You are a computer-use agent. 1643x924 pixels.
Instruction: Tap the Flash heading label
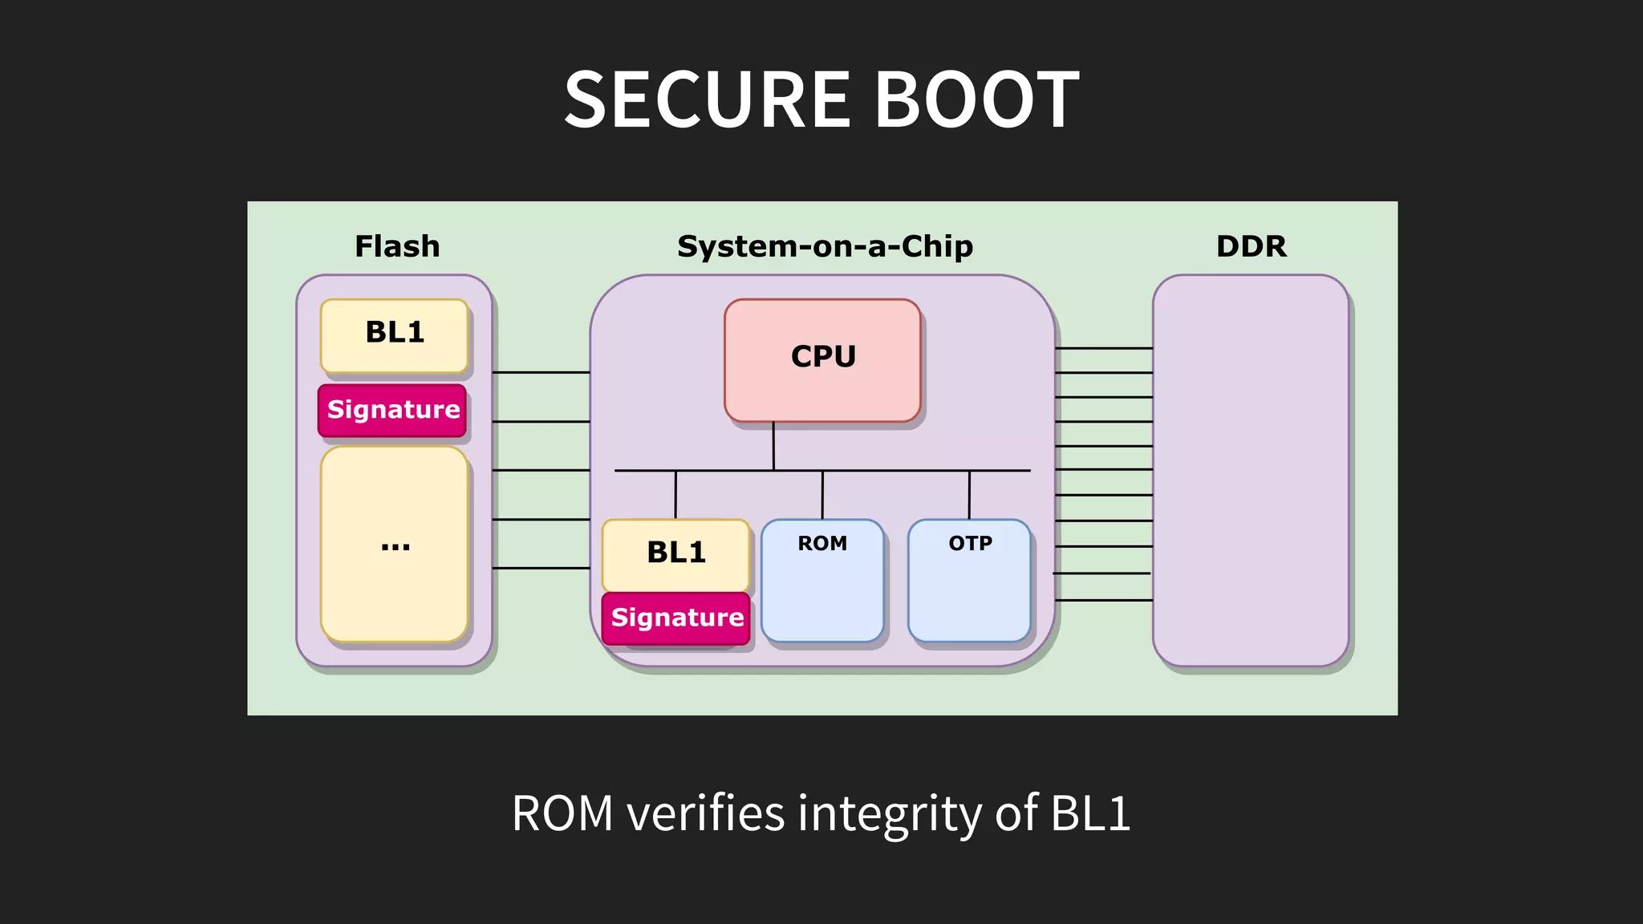coord(397,246)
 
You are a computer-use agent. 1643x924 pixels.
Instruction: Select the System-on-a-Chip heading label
coord(825,246)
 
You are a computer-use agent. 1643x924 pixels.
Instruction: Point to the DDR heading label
coord(1251,246)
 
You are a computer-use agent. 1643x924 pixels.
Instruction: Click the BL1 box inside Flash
coord(394,335)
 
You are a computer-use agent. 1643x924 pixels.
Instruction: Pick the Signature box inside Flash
coord(392,411)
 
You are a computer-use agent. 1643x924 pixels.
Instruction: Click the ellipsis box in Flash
coord(394,544)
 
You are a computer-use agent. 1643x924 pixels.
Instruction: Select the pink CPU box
coord(822,359)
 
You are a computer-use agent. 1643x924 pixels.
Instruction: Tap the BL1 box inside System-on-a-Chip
coord(675,555)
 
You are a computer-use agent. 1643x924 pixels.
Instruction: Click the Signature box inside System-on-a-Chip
coord(676,618)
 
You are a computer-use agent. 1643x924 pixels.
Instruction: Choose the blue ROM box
coord(822,581)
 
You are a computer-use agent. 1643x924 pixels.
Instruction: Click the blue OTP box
coord(969,581)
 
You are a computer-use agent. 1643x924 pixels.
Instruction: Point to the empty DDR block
coord(1250,470)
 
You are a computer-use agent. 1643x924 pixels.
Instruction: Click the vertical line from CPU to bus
coord(773,446)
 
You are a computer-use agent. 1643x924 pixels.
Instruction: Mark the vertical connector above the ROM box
coord(822,495)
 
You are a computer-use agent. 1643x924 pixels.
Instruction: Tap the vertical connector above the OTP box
coord(969,495)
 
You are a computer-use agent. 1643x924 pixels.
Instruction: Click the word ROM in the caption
coord(562,813)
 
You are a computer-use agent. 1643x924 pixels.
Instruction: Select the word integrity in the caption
coord(889,813)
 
